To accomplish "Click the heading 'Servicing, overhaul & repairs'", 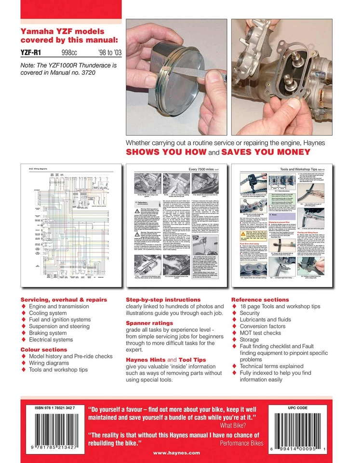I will click(64, 300).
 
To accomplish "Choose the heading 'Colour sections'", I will click(44, 349).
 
